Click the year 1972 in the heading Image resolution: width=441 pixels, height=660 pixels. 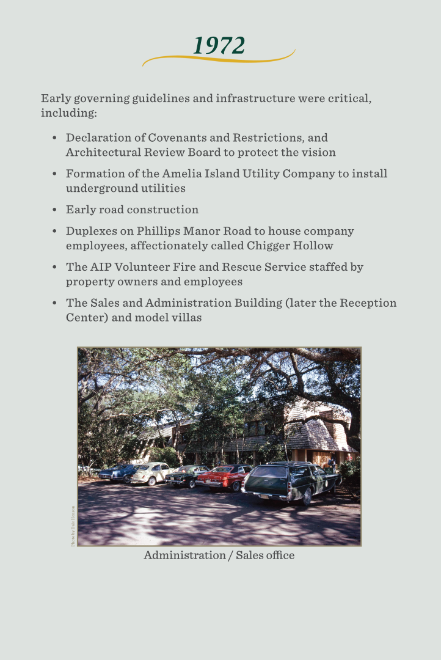point(219,46)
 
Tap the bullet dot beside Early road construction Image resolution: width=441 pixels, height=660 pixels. point(54,210)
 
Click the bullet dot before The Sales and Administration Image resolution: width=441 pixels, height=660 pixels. point(54,303)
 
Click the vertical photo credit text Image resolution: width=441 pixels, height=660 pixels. point(73,526)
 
